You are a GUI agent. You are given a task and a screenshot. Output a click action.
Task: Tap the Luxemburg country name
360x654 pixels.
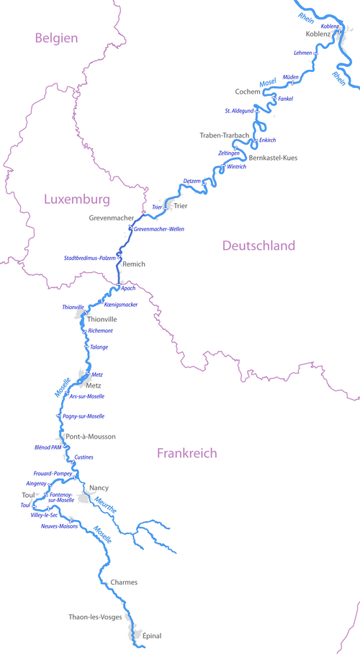point(76,199)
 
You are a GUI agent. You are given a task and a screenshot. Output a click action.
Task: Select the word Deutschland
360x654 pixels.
point(258,246)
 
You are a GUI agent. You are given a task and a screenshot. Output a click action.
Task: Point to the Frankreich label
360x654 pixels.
point(186,453)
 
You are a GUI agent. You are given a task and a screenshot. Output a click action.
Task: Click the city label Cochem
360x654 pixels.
point(248,92)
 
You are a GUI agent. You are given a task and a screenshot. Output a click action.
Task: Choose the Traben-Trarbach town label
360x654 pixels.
point(224,135)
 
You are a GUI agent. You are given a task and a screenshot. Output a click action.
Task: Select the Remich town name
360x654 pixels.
point(134,264)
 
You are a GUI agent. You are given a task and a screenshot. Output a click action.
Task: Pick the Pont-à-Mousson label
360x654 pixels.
point(90,436)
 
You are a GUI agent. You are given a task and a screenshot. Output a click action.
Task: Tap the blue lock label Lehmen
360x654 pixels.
point(303,53)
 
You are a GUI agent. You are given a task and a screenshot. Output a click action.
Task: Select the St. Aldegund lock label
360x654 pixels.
point(239,111)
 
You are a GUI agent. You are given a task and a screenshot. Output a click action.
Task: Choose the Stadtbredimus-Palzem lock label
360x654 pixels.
point(89,257)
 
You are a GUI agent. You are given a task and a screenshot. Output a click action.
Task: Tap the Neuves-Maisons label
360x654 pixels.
point(59,527)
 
